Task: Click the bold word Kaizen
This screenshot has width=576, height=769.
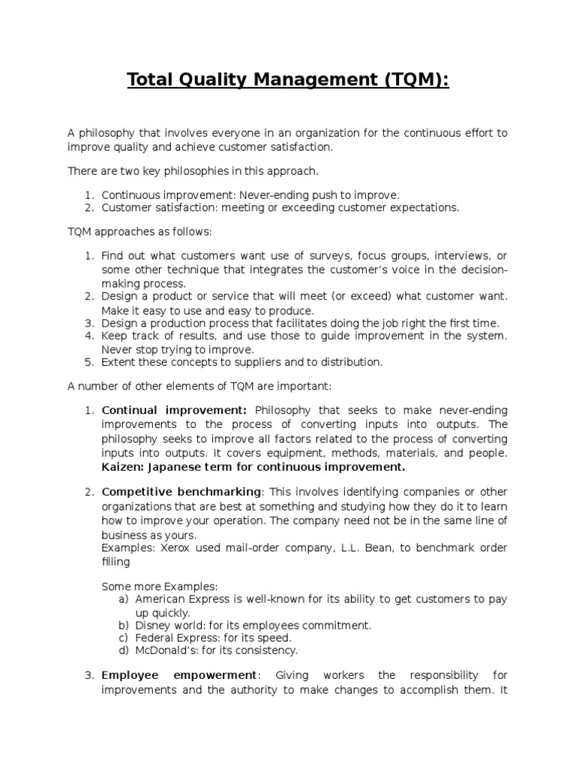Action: tap(121, 467)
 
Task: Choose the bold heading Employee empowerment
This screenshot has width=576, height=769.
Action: tap(180, 675)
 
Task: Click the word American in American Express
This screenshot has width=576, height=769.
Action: tap(160, 599)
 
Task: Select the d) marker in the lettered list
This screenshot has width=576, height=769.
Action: tap(124, 650)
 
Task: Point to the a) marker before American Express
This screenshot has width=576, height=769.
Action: tap(124, 599)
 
